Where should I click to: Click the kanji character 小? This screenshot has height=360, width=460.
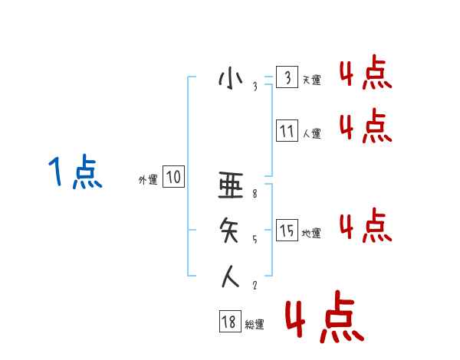point(230,79)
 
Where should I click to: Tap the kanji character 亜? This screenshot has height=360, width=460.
point(231,185)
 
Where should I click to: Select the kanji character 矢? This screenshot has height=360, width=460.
point(231,229)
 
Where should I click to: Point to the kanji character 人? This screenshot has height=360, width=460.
point(231,275)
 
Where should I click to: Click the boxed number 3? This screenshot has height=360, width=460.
point(287,77)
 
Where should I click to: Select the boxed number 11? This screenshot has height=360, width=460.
point(287,131)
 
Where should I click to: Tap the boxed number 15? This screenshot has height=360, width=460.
point(287,230)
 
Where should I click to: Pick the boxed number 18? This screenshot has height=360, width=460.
point(228,322)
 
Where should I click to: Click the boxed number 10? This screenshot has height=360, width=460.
point(173,178)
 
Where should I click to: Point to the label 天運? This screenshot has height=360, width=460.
point(311,80)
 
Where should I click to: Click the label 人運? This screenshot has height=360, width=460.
point(311,133)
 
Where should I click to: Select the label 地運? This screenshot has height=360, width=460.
point(311,233)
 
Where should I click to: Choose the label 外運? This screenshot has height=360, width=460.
point(148,180)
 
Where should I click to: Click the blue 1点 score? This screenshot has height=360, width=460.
point(75,172)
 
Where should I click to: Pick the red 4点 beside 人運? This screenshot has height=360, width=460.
point(366,126)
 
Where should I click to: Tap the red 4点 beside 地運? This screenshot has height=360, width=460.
point(366,225)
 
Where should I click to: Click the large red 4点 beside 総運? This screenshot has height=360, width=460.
point(324,316)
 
